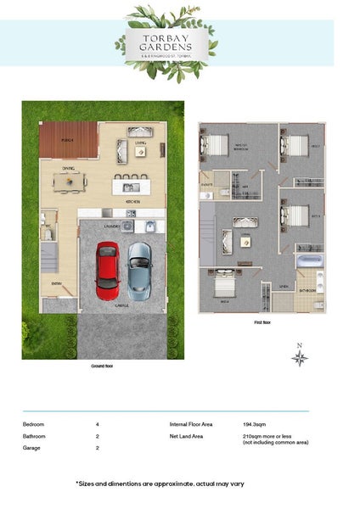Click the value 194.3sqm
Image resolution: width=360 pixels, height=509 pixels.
[256, 422]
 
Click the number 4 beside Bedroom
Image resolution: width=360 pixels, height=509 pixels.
[98, 422]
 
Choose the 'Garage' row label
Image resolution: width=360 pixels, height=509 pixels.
[31, 447]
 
